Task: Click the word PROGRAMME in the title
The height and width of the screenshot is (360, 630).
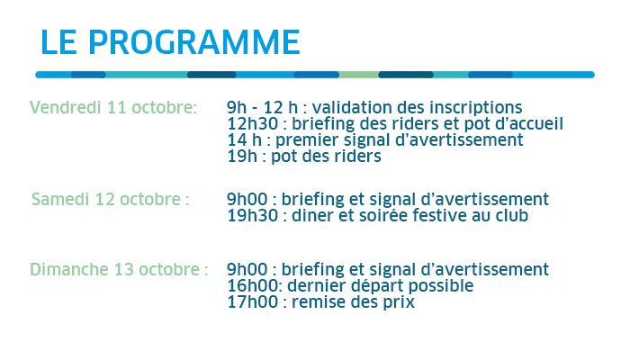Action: pyautogui.click(x=194, y=41)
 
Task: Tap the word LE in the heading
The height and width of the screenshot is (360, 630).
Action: pyautogui.click(x=58, y=41)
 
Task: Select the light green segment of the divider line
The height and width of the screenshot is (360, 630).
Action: pyautogui.click(x=358, y=75)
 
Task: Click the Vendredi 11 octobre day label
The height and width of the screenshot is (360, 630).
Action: pyautogui.click(x=113, y=108)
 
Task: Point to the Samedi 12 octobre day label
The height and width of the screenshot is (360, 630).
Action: pyautogui.click(x=111, y=199)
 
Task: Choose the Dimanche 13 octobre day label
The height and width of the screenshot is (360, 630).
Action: pyautogui.click(x=119, y=270)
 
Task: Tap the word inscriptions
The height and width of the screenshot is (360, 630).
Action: pyautogui.click(x=476, y=109)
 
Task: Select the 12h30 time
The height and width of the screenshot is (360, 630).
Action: pyautogui.click(x=252, y=124)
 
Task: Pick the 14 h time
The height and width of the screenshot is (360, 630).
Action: pyautogui.click(x=244, y=140)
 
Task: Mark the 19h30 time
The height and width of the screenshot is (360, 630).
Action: pyautogui.click(x=252, y=216)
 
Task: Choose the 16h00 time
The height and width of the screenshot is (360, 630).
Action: pyautogui.click(x=252, y=286)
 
